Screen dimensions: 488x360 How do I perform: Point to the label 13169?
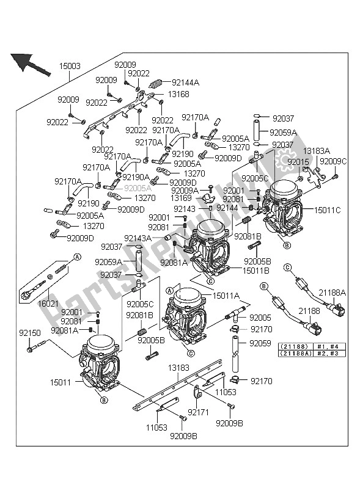(181, 198)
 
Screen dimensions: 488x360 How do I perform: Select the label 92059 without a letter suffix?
(259, 343)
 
